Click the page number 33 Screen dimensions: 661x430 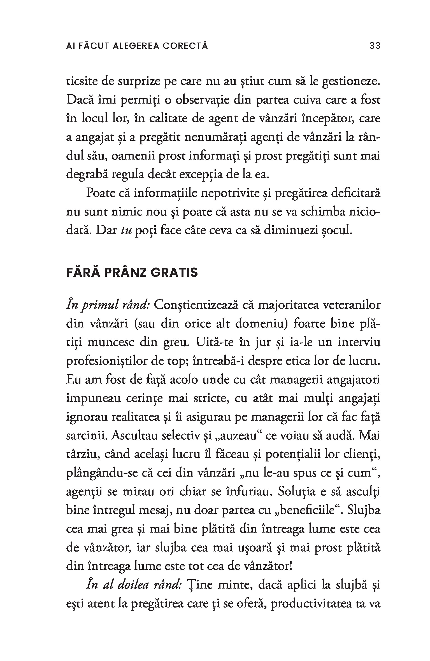pos(375,46)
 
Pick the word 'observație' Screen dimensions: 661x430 pos(201,100)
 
